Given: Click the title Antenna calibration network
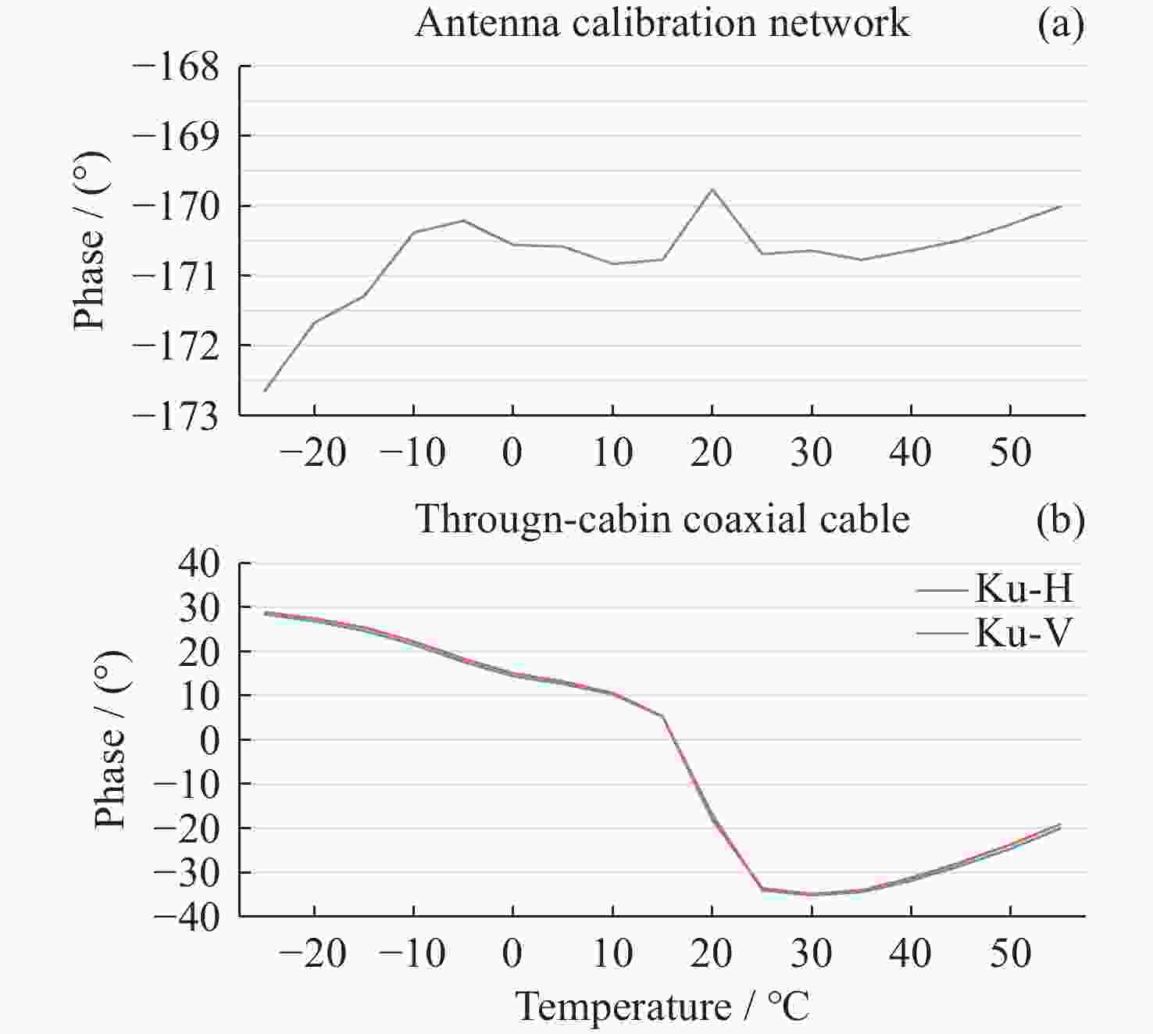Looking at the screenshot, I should point(662,23).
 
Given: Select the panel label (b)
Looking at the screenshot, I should point(1060,520).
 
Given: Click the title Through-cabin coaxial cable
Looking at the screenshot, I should point(662,520).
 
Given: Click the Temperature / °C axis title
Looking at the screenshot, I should point(662,1007).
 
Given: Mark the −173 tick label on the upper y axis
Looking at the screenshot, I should point(177,415).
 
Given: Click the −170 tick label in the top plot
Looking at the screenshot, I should point(177,206).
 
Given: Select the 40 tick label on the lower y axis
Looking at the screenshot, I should point(199,563).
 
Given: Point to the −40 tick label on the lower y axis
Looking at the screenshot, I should point(187,916).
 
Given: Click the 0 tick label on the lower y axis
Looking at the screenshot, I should point(209,739).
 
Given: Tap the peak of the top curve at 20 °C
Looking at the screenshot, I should point(712,189).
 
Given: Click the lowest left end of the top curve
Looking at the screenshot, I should point(266,390).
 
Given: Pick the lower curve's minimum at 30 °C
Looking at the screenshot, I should point(812,894).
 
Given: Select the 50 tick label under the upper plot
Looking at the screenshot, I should point(1011,453).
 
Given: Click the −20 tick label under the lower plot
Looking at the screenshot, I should point(312,953).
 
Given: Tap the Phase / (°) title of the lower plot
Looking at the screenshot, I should point(110,739).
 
